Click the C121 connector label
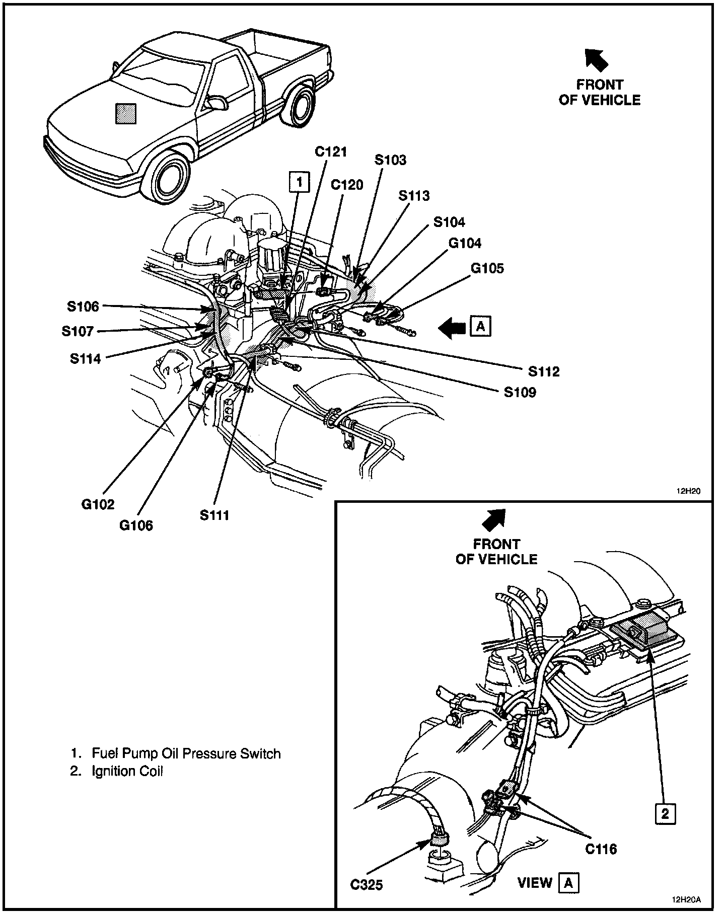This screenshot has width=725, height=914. [x=331, y=151]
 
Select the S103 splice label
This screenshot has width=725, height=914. [x=390, y=160]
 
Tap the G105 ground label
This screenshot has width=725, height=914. [x=487, y=268]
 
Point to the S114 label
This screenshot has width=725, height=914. [x=85, y=359]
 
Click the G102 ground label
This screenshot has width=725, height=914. [x=98, y=504]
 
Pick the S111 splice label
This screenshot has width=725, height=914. [x=214, y=515]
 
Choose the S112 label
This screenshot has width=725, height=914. [x=544, y=372]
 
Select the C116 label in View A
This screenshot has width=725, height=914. [x=601, y=849]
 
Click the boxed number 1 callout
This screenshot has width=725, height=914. [x=299, y=182]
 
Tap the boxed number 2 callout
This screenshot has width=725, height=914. [x=665, y=814]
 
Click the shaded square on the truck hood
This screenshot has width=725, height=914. [x=125, y=113]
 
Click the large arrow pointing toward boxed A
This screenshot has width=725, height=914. [x=452, y=328]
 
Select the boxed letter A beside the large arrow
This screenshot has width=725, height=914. [x=480, y=327]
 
